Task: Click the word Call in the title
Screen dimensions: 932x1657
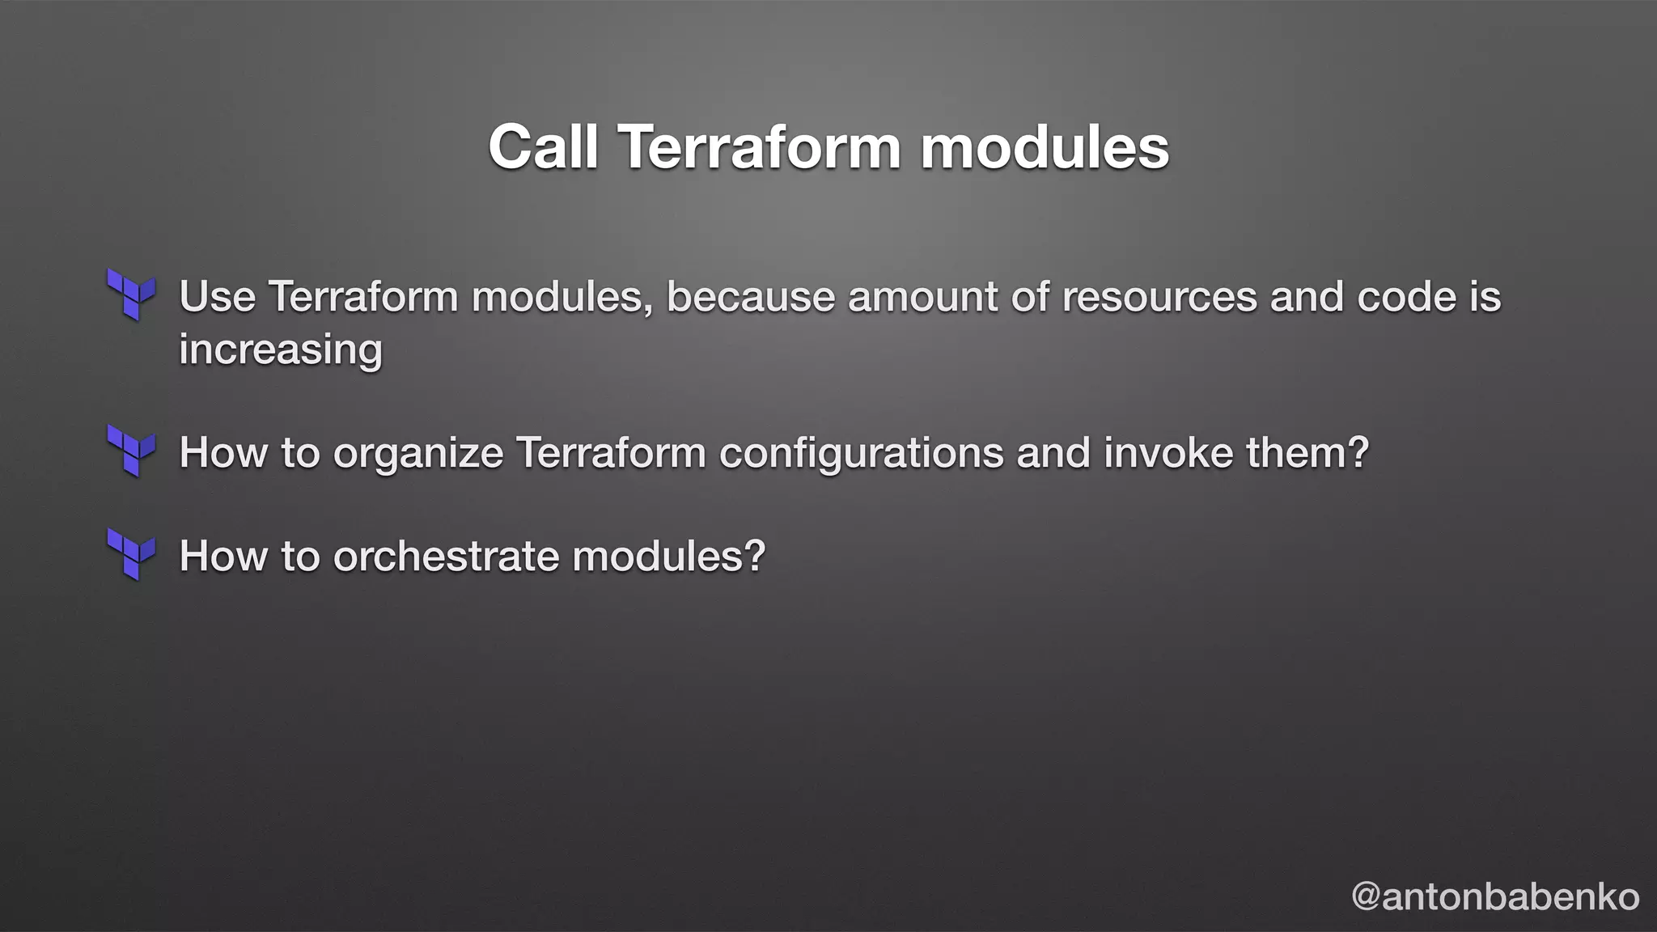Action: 543,147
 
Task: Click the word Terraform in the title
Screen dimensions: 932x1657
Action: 760,147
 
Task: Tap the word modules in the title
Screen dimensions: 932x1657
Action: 1045,147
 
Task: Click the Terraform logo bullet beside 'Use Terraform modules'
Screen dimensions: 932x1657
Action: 131,294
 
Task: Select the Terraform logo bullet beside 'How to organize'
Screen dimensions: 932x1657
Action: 131,451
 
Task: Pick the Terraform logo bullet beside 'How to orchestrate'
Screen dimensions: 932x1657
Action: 131,554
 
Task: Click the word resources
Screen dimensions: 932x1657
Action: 1159,296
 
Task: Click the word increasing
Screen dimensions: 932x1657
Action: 280,349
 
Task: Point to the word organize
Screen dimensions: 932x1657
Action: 418,452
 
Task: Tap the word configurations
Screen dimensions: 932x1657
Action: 862,452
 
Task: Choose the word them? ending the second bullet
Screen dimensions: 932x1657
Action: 1307,452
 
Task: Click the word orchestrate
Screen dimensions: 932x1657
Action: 447,556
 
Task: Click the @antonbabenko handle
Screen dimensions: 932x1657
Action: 1495,896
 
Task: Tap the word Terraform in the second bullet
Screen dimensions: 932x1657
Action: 611,452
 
